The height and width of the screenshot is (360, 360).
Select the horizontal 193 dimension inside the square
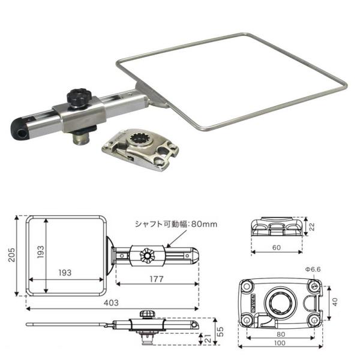pyautogui.click(x=65, y=272)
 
